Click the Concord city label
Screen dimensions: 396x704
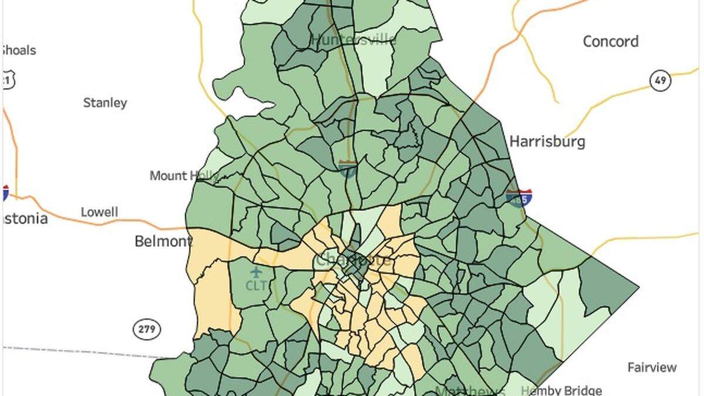610,42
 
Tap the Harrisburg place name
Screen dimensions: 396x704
547,142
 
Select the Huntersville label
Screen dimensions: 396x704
353,40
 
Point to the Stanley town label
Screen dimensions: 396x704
105,103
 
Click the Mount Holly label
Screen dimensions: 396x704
184,176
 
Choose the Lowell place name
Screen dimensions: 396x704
99,212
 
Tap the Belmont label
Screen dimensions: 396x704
163,241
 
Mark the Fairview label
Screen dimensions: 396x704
652,368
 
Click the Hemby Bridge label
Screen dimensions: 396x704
561,390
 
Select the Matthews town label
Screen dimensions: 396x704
469,391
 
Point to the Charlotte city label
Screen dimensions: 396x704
354,260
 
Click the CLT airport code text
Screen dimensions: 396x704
256,286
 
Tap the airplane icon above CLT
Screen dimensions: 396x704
256,273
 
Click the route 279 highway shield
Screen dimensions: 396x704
146,329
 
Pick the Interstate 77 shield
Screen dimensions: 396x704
347,169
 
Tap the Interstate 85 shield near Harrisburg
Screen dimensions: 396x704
519,198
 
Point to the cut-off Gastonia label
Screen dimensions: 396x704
24,219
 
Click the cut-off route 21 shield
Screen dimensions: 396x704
8,80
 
